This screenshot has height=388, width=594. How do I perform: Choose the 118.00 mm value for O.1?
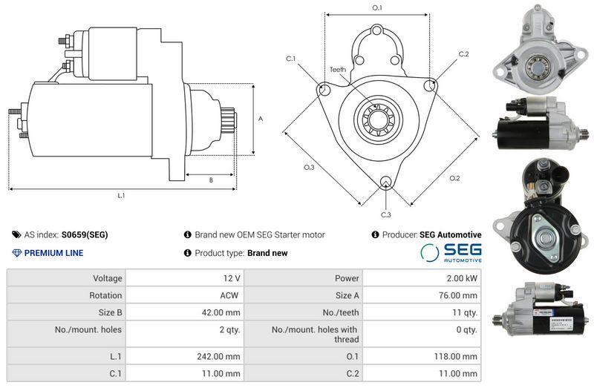point(454,357)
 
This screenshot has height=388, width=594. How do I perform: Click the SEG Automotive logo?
point(451,252)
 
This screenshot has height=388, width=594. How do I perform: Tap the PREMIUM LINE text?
point(53,253)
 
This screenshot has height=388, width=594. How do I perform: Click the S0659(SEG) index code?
point(85,235)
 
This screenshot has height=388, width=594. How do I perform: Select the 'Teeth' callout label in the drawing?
point(338,70)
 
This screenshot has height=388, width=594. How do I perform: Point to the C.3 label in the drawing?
point(386,215)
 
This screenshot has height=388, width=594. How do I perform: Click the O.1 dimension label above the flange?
point(376,8)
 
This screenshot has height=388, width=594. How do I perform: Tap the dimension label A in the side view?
point(260,119)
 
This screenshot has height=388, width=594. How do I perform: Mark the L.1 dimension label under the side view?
point(121,196)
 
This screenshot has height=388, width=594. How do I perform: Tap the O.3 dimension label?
point(309,168)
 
